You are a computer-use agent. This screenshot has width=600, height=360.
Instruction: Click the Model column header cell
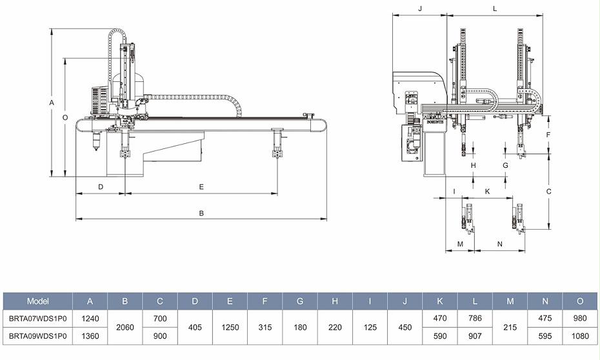38,301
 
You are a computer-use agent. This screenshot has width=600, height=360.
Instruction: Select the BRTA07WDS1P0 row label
38,318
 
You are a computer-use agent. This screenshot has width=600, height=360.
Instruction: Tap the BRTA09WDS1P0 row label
38,336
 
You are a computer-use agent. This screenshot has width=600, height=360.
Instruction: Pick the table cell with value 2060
125,327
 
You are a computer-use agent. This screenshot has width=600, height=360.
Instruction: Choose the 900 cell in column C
159,336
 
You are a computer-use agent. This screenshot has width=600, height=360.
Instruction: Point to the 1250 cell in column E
230,327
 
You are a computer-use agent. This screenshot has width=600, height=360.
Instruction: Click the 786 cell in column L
475,318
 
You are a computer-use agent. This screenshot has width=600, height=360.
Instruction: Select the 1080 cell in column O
580,336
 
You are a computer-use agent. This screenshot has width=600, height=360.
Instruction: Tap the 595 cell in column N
545,336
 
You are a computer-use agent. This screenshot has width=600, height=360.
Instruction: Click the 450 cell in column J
405,327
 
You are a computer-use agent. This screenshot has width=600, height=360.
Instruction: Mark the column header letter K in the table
440,301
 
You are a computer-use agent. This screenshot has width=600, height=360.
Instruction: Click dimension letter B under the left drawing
201,212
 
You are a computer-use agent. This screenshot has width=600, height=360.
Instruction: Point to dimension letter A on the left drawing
52,103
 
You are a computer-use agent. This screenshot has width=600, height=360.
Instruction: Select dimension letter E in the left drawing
201,186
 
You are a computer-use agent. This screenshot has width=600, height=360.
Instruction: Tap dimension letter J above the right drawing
419,8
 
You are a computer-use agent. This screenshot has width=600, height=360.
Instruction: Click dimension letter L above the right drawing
495,8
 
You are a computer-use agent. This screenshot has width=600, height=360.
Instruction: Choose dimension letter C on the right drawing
548,192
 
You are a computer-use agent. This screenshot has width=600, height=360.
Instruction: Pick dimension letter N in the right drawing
500,243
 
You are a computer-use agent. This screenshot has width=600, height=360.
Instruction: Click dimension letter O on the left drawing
65,117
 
